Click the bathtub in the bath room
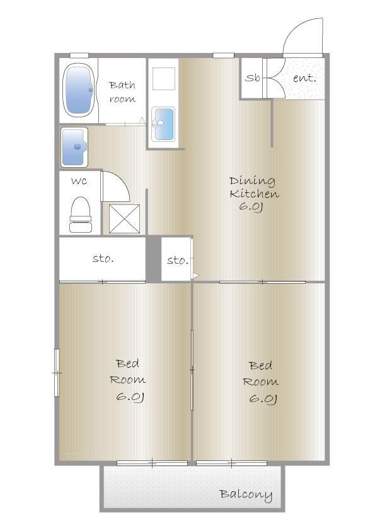79,90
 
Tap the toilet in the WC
81,214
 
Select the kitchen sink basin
163,124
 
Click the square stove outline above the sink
163,79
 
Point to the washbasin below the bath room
74,148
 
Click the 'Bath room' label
122,91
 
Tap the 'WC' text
79,181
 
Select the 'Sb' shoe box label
253,78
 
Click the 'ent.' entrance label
304,78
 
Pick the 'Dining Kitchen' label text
254,187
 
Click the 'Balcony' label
246,495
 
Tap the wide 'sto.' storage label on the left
103,259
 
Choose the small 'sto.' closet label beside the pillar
176,260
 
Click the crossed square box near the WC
124,219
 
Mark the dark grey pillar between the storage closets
153,259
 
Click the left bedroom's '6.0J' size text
130,397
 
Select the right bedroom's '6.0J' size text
263,399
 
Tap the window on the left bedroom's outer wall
57,373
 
